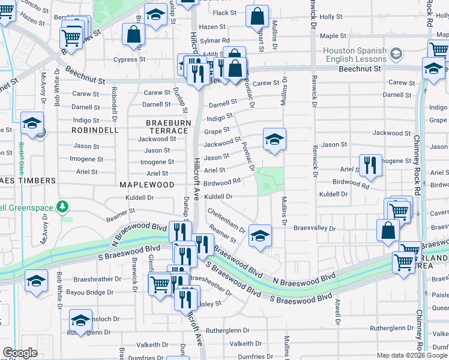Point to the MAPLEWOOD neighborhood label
[146, 185]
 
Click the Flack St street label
[224, 13]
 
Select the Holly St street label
[331, 17]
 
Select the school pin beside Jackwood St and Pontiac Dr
[274, 140]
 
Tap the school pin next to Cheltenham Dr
[260, 235]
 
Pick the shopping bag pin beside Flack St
[257, 17]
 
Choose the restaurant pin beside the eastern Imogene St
[370, 165]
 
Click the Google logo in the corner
[20, 353]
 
